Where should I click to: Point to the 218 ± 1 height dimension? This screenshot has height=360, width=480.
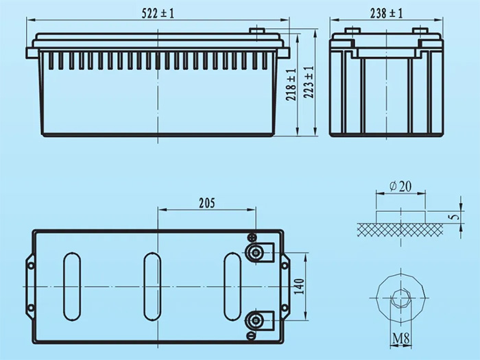point(292,85)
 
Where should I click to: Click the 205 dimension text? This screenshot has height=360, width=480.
point(206,202)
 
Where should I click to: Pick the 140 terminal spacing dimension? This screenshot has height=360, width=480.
point(298,286)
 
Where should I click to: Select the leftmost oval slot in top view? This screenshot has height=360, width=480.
point(71,286)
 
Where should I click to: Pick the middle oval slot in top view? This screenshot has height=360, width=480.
point(151,286)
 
